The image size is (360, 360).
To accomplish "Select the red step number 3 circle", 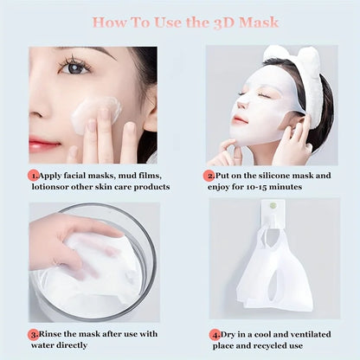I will coord(33,332).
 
